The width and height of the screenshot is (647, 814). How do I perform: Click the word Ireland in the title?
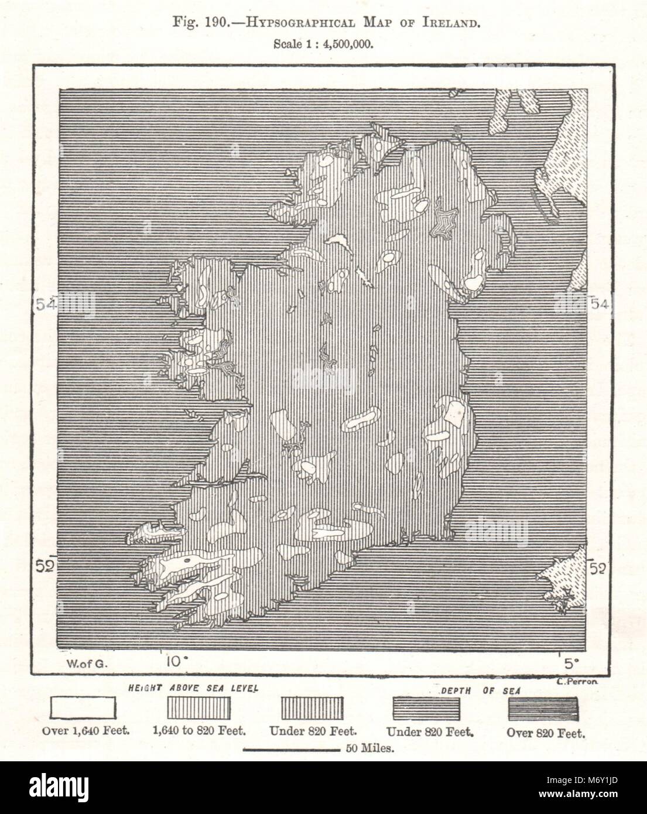pos(453,24)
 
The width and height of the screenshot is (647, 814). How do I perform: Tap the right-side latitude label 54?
pos(602,304)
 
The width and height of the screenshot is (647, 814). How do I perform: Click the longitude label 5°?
pos(570,662)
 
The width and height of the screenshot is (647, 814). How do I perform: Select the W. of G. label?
pos(83,663)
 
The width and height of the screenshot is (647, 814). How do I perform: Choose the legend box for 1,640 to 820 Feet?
pos(198,709)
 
